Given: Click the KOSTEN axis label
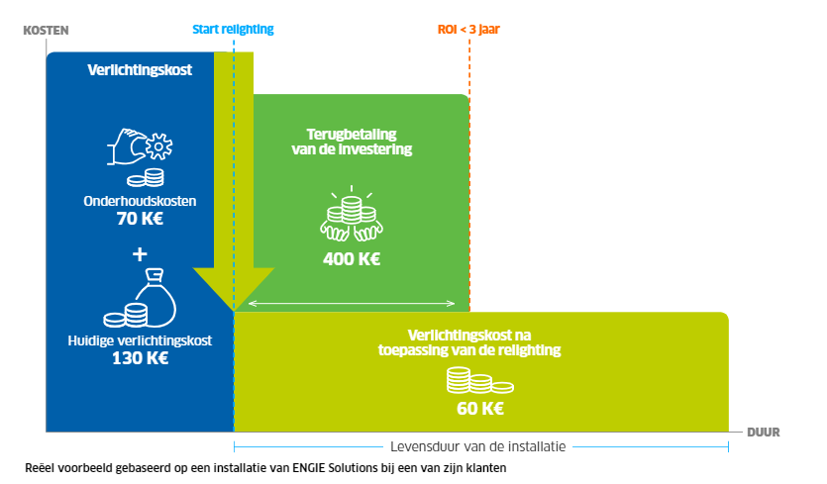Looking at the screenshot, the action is click(x=46, y=31).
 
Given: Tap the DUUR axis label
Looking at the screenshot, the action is click(x=764, y=433).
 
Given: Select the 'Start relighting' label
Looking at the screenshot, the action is click(x=233, y=30).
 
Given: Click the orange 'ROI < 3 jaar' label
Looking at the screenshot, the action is click(x=468, y=30).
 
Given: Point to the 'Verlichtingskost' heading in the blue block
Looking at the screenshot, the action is click(x=140, y=70).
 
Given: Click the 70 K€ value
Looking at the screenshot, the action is click(x=140, y=219).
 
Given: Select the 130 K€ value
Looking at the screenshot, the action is click(x=140, y=358).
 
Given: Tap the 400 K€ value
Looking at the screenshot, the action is click(x=352, y=259).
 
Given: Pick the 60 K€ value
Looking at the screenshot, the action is click(x=480, y=409).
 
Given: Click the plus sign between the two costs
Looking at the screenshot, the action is click(x=140, y=254).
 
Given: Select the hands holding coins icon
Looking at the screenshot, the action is click(x=352, y=214).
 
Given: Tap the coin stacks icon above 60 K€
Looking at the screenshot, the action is click(x=480, y=380).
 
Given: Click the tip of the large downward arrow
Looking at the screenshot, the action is click(x=234, y=311).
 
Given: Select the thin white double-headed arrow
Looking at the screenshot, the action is click(x=352, y=303).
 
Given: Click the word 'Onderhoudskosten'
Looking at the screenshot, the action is click(x=140, y=201).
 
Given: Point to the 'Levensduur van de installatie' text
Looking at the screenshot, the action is click(x=477, y=447).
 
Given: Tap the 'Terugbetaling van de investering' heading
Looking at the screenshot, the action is click(x=352, y=142).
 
